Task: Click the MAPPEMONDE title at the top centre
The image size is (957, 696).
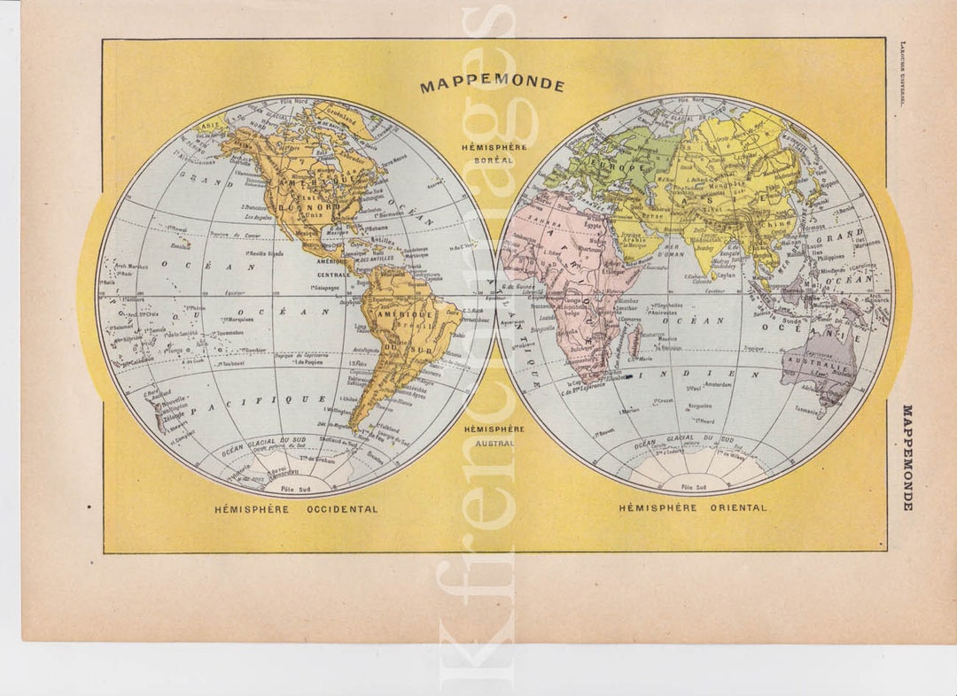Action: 492,86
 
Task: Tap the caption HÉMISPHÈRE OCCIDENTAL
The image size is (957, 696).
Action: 295,509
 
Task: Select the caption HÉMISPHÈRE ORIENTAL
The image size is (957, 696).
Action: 692,508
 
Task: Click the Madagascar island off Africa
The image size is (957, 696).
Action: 635,337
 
